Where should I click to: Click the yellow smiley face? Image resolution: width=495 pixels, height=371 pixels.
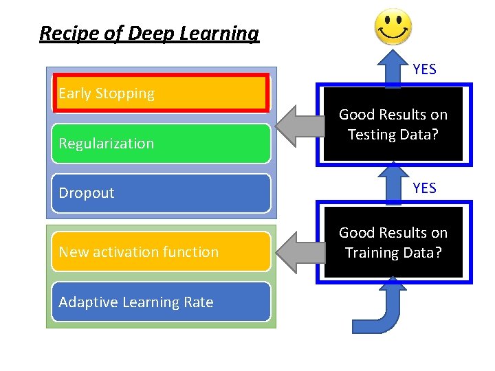tap(393, 28)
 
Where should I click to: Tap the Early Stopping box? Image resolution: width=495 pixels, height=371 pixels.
tap(162, 93)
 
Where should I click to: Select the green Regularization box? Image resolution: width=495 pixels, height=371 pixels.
tap(162, 144)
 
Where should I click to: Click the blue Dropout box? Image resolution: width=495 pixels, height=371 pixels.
tap(162, 193)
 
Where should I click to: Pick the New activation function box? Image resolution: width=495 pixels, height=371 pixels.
tap(162, 251)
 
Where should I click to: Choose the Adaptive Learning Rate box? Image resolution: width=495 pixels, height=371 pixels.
tap(162, 302)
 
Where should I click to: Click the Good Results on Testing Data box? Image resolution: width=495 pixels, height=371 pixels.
tap(393, 124)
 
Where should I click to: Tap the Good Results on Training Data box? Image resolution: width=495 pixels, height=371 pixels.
tap(393, 243)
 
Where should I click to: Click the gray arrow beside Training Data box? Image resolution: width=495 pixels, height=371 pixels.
tap(296, 252)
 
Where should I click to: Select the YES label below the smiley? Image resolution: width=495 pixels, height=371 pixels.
tap(424, 69)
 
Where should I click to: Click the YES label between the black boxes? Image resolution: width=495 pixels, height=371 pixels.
tap(424, 188)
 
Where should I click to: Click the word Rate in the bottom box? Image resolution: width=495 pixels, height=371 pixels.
tap(198, 302)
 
